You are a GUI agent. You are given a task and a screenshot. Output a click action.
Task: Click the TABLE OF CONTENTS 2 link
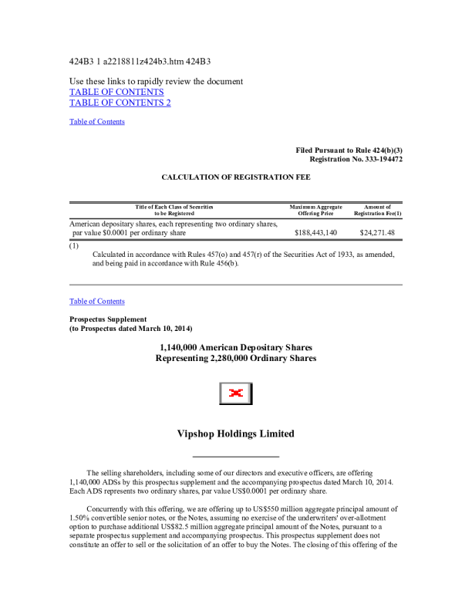120,103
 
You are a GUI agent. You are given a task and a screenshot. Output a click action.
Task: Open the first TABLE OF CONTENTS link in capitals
116,92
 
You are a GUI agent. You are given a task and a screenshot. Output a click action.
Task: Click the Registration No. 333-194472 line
356,159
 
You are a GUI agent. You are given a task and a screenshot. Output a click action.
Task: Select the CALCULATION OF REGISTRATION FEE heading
236,177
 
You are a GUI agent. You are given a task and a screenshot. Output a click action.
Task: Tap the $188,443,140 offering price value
315,232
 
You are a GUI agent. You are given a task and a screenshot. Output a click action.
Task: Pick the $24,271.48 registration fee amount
377,232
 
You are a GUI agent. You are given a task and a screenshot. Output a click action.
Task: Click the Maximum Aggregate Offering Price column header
315,210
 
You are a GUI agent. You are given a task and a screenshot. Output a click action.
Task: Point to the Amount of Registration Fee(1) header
377,210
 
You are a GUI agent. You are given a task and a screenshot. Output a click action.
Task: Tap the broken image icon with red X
236,393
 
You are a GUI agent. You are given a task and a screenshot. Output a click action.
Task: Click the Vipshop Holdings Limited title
236,434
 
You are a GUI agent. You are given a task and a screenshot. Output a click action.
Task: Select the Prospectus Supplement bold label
108,319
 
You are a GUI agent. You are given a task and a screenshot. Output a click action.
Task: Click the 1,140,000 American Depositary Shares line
236,347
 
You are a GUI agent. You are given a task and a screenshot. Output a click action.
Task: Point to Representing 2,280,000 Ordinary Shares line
236,359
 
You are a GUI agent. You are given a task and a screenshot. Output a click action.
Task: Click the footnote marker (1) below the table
74,246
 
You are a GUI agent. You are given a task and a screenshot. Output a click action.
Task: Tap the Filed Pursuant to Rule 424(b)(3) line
349,149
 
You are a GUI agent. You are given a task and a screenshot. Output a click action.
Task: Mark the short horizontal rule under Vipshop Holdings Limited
235,457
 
